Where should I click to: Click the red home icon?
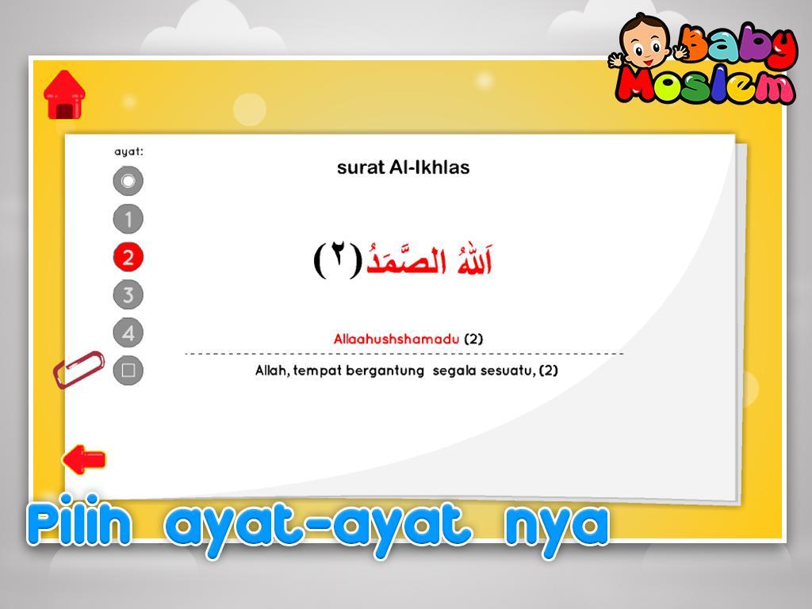pos(64,95)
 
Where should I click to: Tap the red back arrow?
pos(84,459)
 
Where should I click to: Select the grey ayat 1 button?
pos(128,219)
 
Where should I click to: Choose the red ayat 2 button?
pos(128,257)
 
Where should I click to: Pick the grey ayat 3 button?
pos(128,295)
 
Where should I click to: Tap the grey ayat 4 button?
pos(128,332)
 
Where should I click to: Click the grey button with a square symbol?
pos(128,370)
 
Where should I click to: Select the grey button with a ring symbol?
pos(128,181)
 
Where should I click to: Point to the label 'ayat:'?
pos(128,151)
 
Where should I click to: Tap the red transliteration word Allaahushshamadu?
pos(396,339)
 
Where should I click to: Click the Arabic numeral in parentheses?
pos(338,260)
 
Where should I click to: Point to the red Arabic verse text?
pos(429,259)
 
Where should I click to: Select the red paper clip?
pos(79,370)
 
